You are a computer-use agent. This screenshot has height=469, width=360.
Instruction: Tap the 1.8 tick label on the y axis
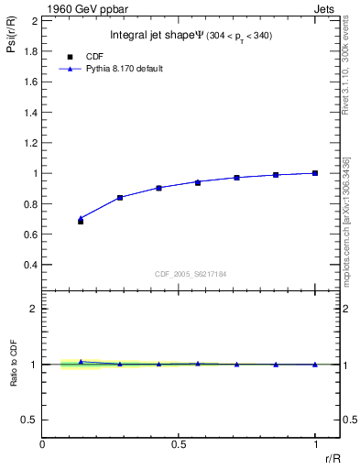tap(31, 50)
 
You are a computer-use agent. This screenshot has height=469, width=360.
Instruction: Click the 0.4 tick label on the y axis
tap(31, 265)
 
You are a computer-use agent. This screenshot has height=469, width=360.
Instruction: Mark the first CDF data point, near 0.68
tap(81, 222)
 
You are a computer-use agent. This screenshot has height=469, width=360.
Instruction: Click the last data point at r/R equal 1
tap(315, 173)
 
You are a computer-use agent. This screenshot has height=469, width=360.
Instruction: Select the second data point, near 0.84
tap(120, 197)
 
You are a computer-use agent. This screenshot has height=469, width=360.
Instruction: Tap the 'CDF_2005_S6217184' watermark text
tap(190, 274)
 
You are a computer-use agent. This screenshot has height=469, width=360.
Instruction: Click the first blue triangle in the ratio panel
tap(81, 362)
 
